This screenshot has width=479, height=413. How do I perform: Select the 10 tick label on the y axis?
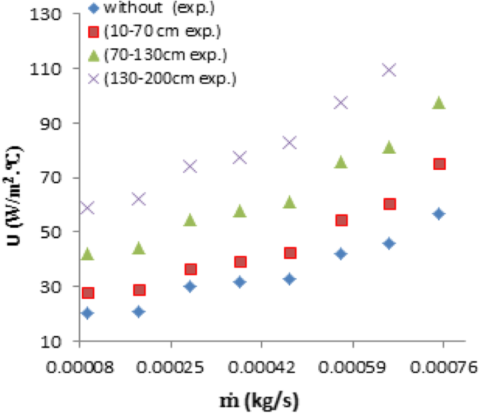(55, 342)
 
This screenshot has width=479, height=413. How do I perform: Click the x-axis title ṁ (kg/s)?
(261, 399)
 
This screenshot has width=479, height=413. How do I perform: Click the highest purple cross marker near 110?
(389, 70)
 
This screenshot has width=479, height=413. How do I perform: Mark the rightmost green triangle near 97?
(438, 103)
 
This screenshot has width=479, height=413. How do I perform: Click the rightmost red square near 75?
(439, 164)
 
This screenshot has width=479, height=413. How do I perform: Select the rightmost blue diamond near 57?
(438, 214)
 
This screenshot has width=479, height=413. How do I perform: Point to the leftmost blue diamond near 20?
(87, 313)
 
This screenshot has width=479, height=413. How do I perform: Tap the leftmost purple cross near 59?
(87, 208)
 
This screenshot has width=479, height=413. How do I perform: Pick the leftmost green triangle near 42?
(87, 254)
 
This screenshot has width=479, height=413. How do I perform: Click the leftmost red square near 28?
(87, 293)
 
